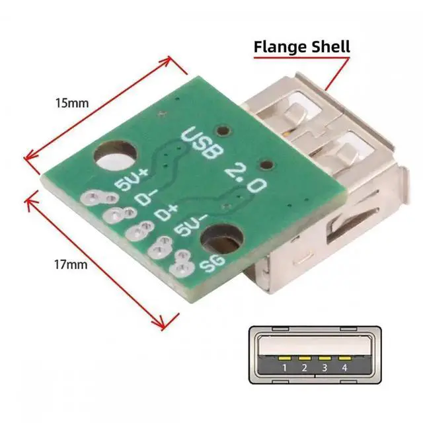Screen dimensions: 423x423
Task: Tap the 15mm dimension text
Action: coord(73,103)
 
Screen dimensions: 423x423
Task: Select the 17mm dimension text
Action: coord(70,265)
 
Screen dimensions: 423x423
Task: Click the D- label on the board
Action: coord(143,198)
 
